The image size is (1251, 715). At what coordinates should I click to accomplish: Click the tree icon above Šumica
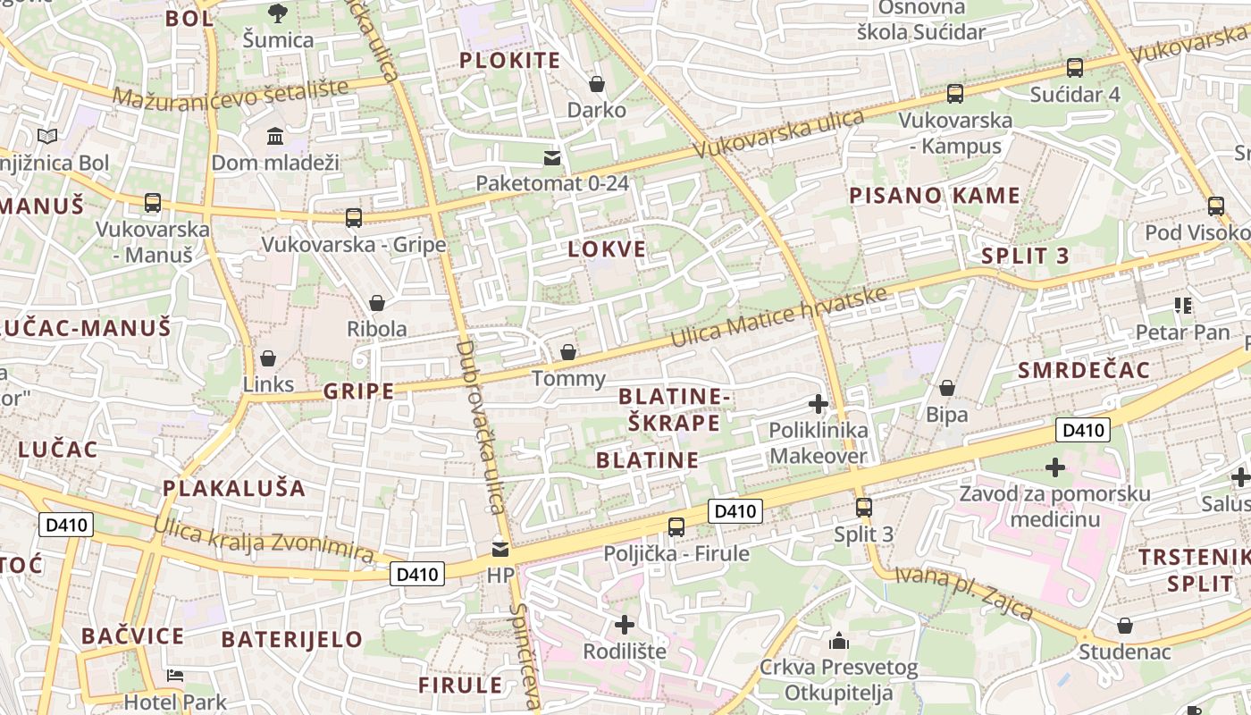coord(278,13)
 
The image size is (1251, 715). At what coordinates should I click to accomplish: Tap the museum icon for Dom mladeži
coord(275,137)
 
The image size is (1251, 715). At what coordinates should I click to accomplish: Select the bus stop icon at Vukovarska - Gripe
coord(354,217)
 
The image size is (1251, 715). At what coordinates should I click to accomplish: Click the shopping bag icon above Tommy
coord(567,352)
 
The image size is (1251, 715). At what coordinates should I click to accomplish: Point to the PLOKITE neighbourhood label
coord(509,61)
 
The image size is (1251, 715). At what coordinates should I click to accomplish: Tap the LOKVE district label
coord(607,249)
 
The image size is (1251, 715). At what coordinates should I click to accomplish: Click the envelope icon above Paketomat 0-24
coord(552,158)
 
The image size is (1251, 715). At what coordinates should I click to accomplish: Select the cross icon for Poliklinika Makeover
coord(818,404)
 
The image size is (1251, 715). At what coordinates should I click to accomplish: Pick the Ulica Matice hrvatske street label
coord(779,319)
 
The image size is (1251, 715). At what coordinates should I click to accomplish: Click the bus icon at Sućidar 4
coord(1075,68)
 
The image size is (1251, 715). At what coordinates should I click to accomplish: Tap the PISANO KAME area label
coord(934,196)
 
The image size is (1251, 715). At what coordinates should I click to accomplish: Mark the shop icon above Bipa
coord(947,388)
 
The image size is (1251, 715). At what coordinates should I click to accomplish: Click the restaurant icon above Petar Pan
coord(1184,306)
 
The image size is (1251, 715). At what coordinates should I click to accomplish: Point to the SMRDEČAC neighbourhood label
coord(1083,370)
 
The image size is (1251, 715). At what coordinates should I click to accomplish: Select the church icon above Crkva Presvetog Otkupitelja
coord(838,641)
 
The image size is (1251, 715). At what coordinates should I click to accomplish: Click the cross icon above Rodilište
coord(625,624)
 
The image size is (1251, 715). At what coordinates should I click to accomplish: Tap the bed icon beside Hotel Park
coord(175,676)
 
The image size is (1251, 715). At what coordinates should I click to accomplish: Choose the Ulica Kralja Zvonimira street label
coord(264,539)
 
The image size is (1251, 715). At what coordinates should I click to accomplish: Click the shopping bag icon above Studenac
coord(1124,626)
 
